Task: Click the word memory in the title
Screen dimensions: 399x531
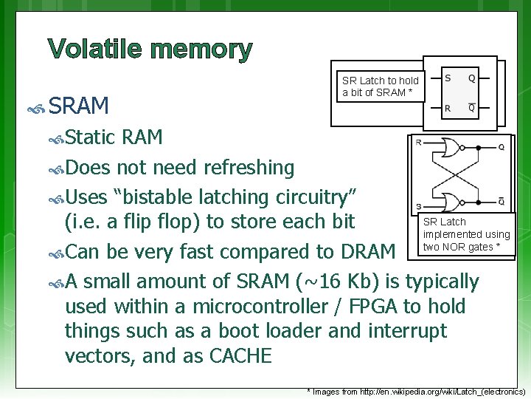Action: click(x=201, y=51)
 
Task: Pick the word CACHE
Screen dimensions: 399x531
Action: click(x=240, y=356)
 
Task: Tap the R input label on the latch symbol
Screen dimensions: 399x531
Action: click(x=448, y=108)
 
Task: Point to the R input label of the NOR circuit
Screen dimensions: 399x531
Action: click(x=419, y=142)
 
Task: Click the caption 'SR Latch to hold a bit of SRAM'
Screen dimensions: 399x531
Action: click(x=380, y=86)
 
